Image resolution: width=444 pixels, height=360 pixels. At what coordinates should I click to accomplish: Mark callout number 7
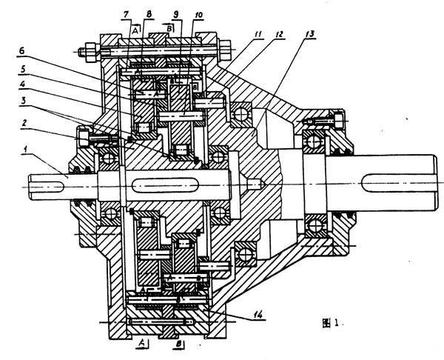[x=127, y=15]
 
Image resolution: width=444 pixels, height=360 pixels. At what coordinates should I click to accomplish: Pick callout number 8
[x=149, y=15]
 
